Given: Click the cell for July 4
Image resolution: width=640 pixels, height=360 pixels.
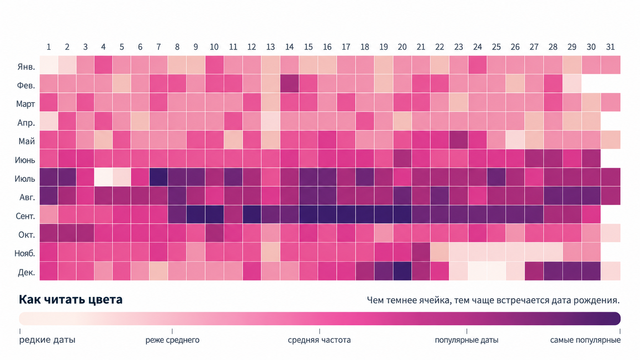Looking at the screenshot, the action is pyautogui.click(x=103, y=177).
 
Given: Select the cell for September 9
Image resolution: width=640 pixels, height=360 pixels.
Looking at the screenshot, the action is pyautogui.click(x=196, y=214).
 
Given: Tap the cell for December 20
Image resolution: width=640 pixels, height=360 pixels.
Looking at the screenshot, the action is pyautogui.click(x=402, y=271).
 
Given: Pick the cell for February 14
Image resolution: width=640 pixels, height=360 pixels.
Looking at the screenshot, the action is pyautogui.click(x=290, y=84).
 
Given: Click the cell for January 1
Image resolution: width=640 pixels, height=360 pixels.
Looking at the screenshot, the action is pyautogui.click(x=49, y=65).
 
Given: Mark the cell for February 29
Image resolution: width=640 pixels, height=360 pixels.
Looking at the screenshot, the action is pyautogui.click(x=572, y=84).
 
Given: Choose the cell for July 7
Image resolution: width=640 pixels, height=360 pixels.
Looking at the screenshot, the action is pyautogui.click(x=158, y=177).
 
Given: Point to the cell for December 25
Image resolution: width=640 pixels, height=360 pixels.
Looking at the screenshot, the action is pyautogui.click(x=496, y=271).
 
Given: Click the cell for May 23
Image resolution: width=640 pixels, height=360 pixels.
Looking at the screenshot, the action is pyautogui.click(x=459, y=140).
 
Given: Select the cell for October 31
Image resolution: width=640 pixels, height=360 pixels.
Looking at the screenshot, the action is pyautogui.click(x=611, y=233).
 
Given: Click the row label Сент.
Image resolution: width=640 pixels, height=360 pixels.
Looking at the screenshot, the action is pyautogui.click(x=25, y=216).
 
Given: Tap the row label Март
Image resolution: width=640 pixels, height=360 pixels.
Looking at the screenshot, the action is pyautogui.click(x=25, y=104).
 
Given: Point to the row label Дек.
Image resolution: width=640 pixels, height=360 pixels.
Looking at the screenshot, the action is pyautogui.click(x=26, y=273).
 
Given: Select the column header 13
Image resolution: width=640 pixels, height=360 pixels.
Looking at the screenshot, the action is pyautogui.click(x=271, y=47).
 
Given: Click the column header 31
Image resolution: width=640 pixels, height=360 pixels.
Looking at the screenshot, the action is pyautogui.click(x=610, y=47).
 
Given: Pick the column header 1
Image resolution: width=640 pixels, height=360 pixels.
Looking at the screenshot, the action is pyautogui.click(x=49, y=47).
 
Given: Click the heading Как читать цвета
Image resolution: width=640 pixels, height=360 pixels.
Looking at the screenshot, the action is pyautogui.click(x=70, y=300).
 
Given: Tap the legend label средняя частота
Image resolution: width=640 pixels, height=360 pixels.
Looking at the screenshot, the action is pyautogui.click(x=319, y=340).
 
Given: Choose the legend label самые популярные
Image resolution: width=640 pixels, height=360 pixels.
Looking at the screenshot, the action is pyautogui.click(x=585, y=340).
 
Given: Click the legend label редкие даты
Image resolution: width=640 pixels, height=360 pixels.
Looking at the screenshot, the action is pyautogui.click(x=47, y=340).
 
